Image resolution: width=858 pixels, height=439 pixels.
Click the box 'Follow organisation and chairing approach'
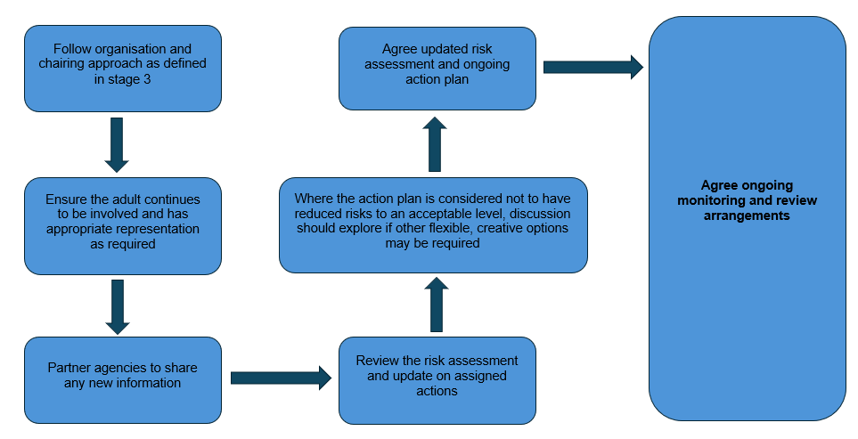pyautogui.click(x=122, y=69)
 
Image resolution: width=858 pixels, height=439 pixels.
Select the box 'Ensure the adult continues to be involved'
pyautogui.click(x=122, y=225)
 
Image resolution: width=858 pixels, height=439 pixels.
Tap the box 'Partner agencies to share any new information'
pyautogui.click(x=122, y=379)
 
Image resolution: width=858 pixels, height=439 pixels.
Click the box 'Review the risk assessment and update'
pyautogui.click(x=437, y=379)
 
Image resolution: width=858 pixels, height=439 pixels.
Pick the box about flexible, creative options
pyautogui.click(x=433, y=225)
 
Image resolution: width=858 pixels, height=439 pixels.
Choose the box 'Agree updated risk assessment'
pyautogui.click(x=437, y=69)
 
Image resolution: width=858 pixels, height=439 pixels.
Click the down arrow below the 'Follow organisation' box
pyautogui.click(x=117, y=144)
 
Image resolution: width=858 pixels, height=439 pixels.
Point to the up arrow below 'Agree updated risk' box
pyautogui.click(x=435, y=144)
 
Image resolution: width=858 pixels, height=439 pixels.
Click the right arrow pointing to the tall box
pyautogui.click(x=592, y=67)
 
